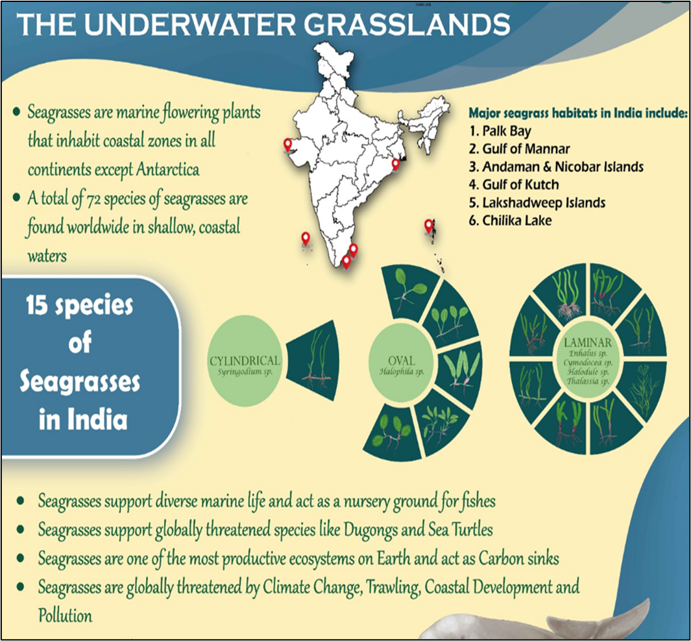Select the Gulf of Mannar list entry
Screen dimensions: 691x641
519,149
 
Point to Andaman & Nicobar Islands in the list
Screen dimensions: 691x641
556,167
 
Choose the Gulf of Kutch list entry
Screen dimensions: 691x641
514,185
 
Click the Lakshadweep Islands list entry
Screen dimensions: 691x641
537,202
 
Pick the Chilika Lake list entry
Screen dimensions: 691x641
511,221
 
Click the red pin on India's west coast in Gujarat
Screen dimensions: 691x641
288,145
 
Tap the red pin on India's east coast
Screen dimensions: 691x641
396,164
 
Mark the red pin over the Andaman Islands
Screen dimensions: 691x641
428,226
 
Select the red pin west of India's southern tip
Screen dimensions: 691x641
306,239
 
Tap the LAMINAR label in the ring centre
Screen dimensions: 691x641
588,343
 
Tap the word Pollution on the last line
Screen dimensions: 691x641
66,616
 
